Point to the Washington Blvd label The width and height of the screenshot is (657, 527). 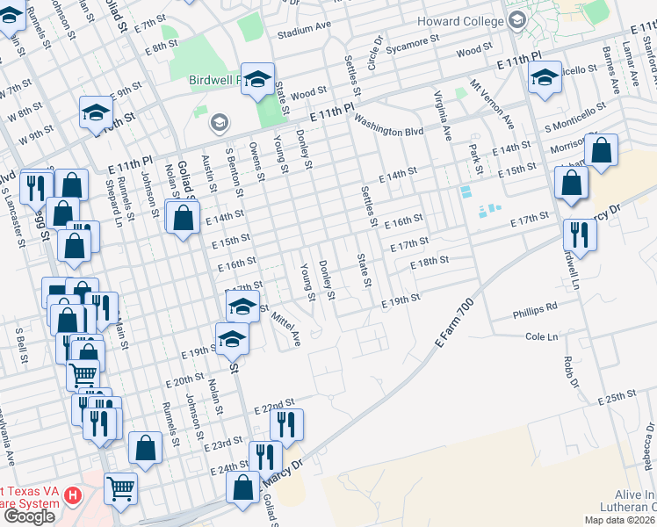tap(390, 131)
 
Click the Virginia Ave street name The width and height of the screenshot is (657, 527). tap(442, 116)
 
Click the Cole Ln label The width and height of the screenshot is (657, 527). tap(541, 336)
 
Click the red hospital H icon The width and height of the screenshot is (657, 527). tap(74, 496)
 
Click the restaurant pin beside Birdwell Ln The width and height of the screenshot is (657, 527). tap(580, 233)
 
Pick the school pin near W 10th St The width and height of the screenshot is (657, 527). tap(96, 112)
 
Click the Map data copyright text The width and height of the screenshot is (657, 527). tap(617, 520)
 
